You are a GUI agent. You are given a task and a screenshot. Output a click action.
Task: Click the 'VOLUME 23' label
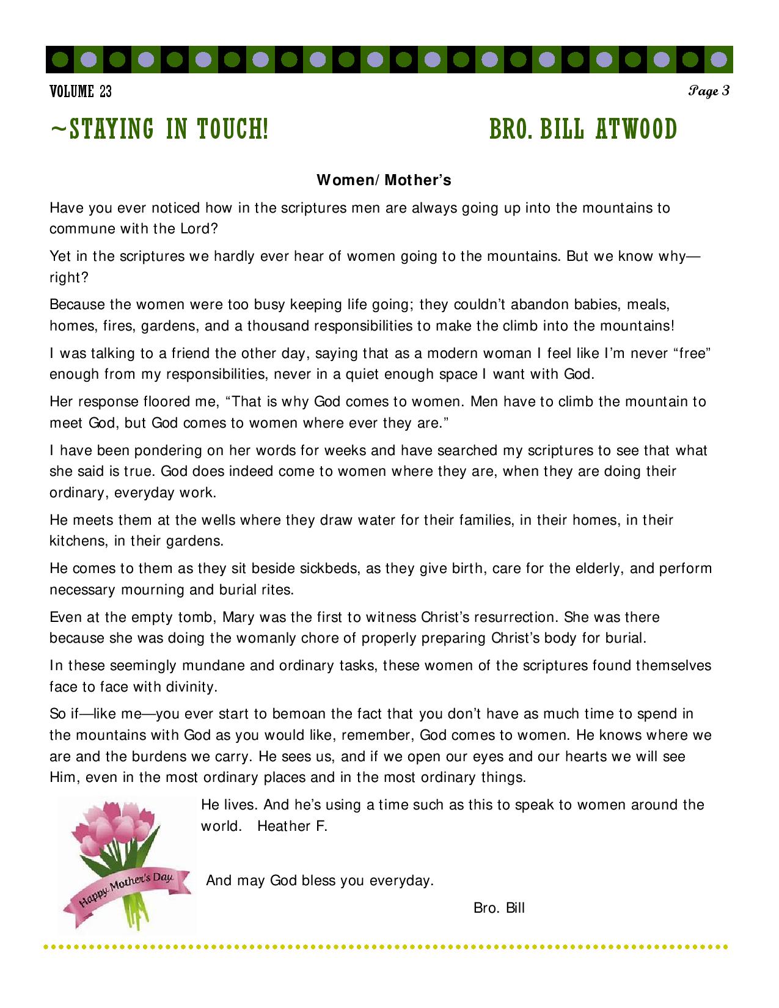pos(81,92)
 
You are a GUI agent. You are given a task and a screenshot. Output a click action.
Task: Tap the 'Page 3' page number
pos(709,92)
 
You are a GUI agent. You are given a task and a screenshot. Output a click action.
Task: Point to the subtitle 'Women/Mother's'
pos(384,180)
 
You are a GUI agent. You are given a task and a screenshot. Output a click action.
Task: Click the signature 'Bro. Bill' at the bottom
pos(499,908)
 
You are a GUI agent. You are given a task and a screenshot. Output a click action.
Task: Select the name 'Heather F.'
pos(292,827)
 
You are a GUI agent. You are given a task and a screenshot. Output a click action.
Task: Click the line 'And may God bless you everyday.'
pos(320,881)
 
